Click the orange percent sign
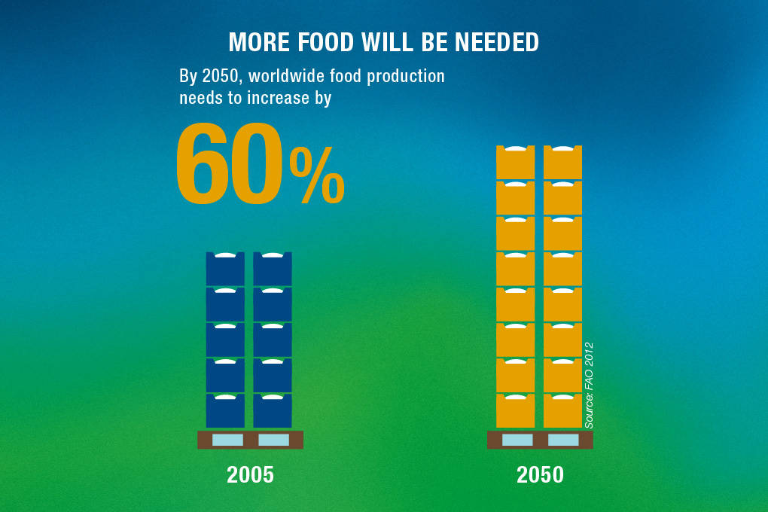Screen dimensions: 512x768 tap(317, 177)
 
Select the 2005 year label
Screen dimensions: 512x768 tap(250, 475)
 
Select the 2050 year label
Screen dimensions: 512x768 tap(540, 475)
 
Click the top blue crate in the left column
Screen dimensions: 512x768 tap(225, 269)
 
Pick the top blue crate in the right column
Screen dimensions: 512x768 tap(273, 269)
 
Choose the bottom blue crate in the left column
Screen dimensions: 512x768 tap(225, 411)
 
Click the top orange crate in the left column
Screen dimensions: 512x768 tap(515, 163)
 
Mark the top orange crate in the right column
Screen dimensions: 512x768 tap(562, 163)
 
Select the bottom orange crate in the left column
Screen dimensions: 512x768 tap(515, 411)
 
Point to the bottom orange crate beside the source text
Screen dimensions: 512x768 tap(562, 411)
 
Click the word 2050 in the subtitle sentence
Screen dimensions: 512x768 tap(218, 77)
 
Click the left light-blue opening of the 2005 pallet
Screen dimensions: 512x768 tap(227, 440)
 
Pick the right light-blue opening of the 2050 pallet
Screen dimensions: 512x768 tap(563, 440)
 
